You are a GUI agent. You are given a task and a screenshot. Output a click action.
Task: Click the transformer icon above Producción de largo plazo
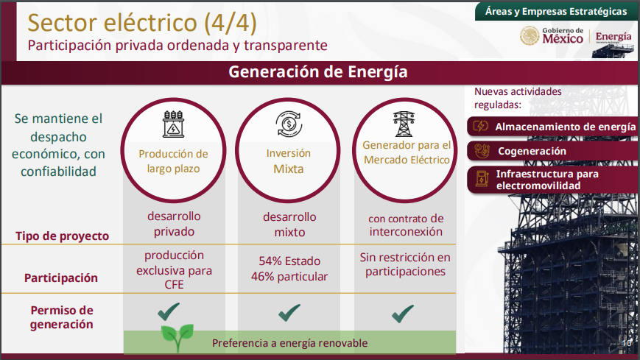(174, 124)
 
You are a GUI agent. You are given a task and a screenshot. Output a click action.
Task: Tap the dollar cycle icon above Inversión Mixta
(289, 124)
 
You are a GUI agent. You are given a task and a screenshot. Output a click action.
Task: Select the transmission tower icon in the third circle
(404, 124)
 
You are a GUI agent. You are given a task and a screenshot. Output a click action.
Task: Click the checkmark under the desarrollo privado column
(169, 312)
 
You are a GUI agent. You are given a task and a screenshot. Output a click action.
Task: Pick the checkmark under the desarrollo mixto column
(289, 313)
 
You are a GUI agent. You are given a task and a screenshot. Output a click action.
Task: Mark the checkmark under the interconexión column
(403, 314)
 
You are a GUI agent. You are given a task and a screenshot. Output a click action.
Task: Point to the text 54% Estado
(289, 261)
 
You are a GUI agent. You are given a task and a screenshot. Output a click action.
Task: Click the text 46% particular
(289, 277)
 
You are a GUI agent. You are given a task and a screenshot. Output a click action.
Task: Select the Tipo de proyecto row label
(62, 236)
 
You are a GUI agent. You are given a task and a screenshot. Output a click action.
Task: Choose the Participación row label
(61, 278)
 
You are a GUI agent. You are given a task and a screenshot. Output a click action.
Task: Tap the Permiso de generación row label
(62, 317)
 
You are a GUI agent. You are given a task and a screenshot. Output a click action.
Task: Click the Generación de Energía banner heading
(318, 72)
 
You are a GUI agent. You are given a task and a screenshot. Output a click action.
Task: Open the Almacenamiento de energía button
(552, 127)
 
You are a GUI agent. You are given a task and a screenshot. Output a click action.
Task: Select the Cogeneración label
(532, 152)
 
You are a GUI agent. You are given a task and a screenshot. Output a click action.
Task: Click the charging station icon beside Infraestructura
(482, 179)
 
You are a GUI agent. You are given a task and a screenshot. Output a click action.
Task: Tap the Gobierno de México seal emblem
(530, 36)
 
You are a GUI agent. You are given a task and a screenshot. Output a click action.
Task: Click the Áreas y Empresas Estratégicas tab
(556, 12)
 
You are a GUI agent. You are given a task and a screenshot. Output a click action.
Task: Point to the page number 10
(627, 343)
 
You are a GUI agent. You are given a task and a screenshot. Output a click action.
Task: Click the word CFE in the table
(175, 284)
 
